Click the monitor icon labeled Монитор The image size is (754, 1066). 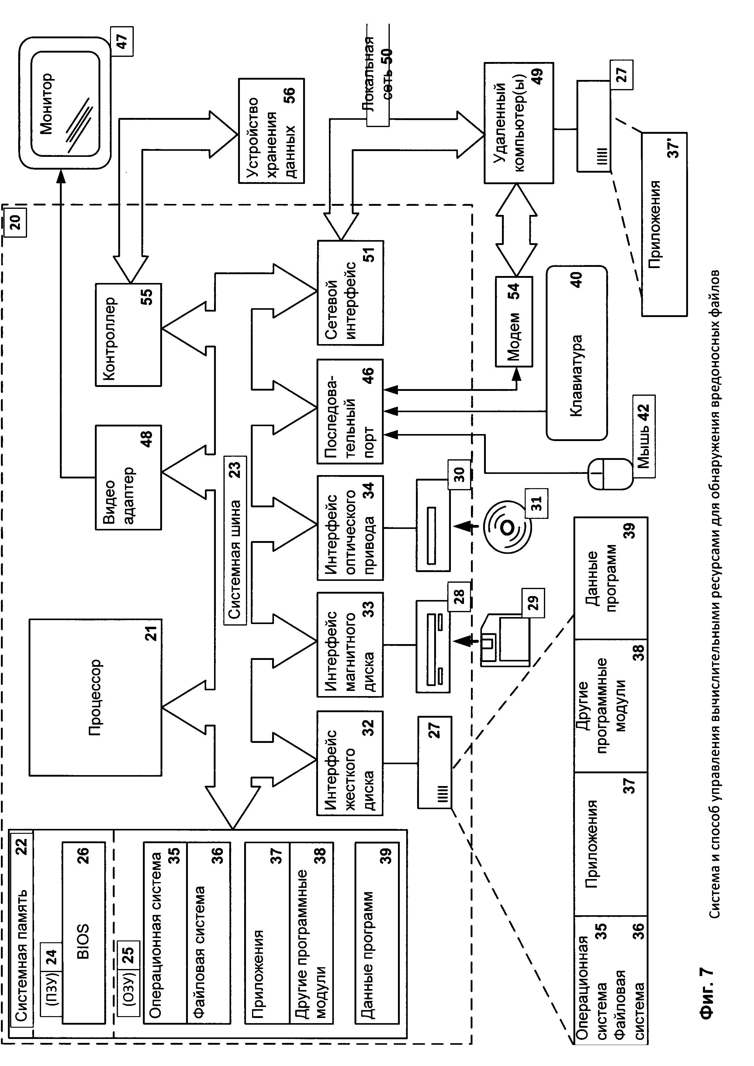coord(64,103)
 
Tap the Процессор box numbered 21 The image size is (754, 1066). coord(96,697)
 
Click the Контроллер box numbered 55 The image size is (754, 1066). coord(129,334)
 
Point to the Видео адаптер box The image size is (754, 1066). coord(129,477)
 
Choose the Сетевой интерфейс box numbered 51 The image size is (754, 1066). coord(351,292)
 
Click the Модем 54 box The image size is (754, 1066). coord(514,322)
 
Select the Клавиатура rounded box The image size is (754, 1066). coord(577,353)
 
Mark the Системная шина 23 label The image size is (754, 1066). coord(235,541)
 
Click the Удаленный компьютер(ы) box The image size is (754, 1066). coord(519,122)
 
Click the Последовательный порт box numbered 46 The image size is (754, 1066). coord(351,411)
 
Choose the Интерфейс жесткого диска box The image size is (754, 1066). coord(351,763)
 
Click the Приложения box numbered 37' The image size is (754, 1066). coord(664,224)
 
